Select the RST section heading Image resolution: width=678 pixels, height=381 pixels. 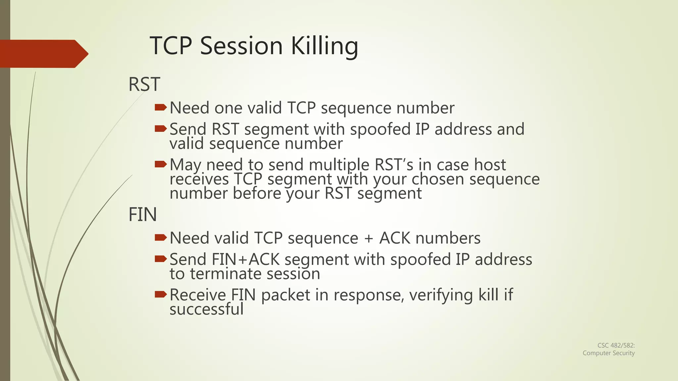(x=144, y=84)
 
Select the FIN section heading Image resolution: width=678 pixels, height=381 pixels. (x=142, y=215)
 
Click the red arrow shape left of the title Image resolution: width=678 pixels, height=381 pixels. (x=43, y=54)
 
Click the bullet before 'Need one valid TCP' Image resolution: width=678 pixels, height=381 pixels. (x=161, y=107)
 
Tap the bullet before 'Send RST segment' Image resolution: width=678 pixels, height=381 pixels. (x=161, y=128)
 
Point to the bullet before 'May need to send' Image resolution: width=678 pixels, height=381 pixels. (x=161, y=164)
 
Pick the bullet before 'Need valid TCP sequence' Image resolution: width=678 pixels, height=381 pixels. (x=161, y=237)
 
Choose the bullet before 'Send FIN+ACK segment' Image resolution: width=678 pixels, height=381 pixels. (x=161, y=259)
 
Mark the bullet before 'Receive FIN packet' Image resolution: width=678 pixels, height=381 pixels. (x=161, y=294)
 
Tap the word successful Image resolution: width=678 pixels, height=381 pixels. (x=207, y=309)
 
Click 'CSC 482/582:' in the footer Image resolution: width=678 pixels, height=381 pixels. (x=616, y=345)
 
